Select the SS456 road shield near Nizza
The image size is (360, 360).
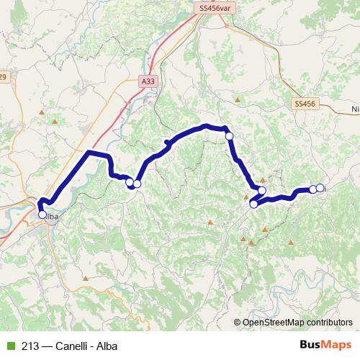click(305, 104)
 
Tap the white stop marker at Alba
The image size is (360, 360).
click(42, 214)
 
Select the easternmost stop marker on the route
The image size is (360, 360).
click(320, 188)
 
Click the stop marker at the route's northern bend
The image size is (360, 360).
click(229, 135)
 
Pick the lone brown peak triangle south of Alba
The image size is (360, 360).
click(85, 278)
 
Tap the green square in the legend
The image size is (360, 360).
click(9, 346)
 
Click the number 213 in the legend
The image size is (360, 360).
click(30, 346)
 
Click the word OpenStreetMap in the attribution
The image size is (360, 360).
click(275, 323)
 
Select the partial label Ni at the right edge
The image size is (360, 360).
click(354, 109)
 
